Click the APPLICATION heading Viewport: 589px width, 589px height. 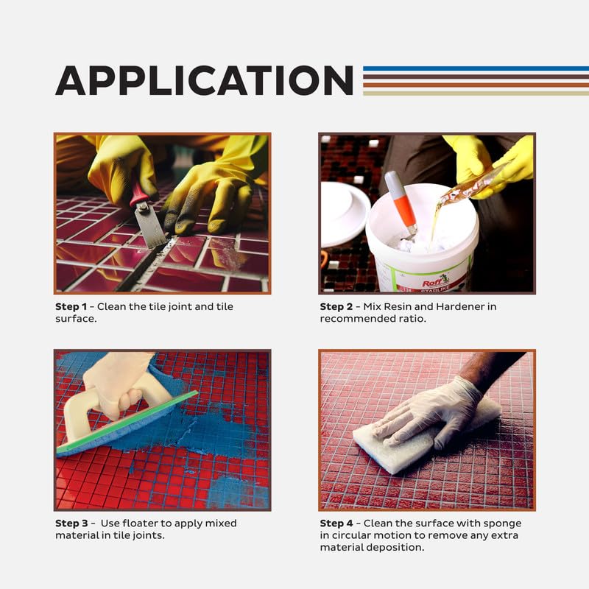click(205, 80)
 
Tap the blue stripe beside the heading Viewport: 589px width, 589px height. click(476, 68)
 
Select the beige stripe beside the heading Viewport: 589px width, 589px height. click(476, 94)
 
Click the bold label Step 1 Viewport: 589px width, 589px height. click(71, 306)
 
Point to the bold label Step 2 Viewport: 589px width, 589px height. click(336, 306)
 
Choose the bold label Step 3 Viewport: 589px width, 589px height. click(71, 523)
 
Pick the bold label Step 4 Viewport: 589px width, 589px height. click(336, 523)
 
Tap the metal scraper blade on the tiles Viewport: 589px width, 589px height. click(150, 226)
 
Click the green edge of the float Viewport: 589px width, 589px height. click(127, 421)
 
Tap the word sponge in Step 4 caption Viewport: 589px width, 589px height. click(502, 524)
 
